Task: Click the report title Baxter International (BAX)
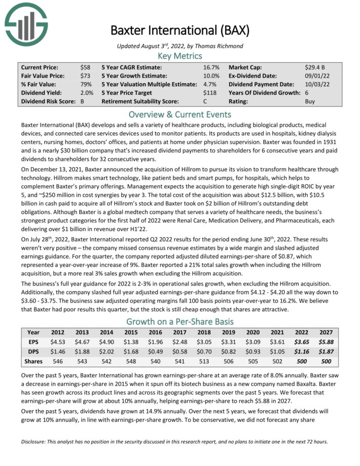pyautogui.click(x=180, y=30)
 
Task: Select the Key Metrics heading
pyautogui.click(x=180, y=56)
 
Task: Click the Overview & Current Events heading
pyautogui.click(x=180, y=114)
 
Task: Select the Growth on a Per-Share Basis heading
pyautogui.click(x=180, y=321)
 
